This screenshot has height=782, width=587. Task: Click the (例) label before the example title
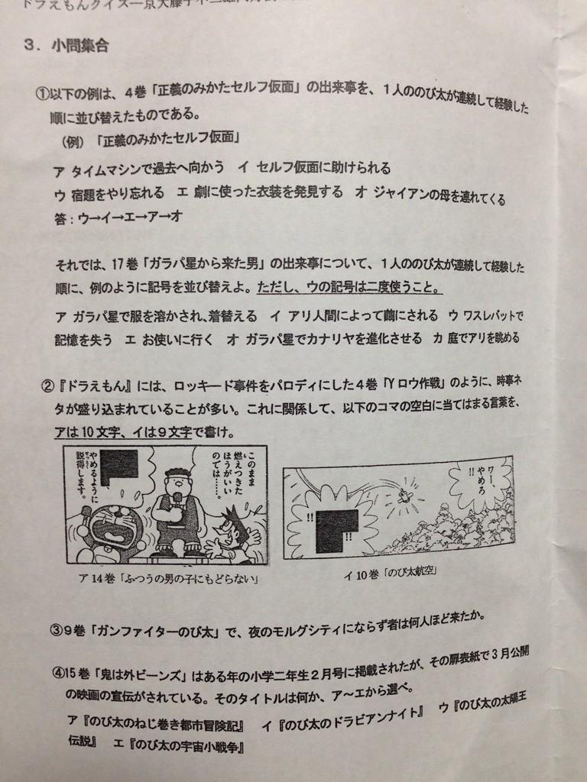click(x=74, y=141)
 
